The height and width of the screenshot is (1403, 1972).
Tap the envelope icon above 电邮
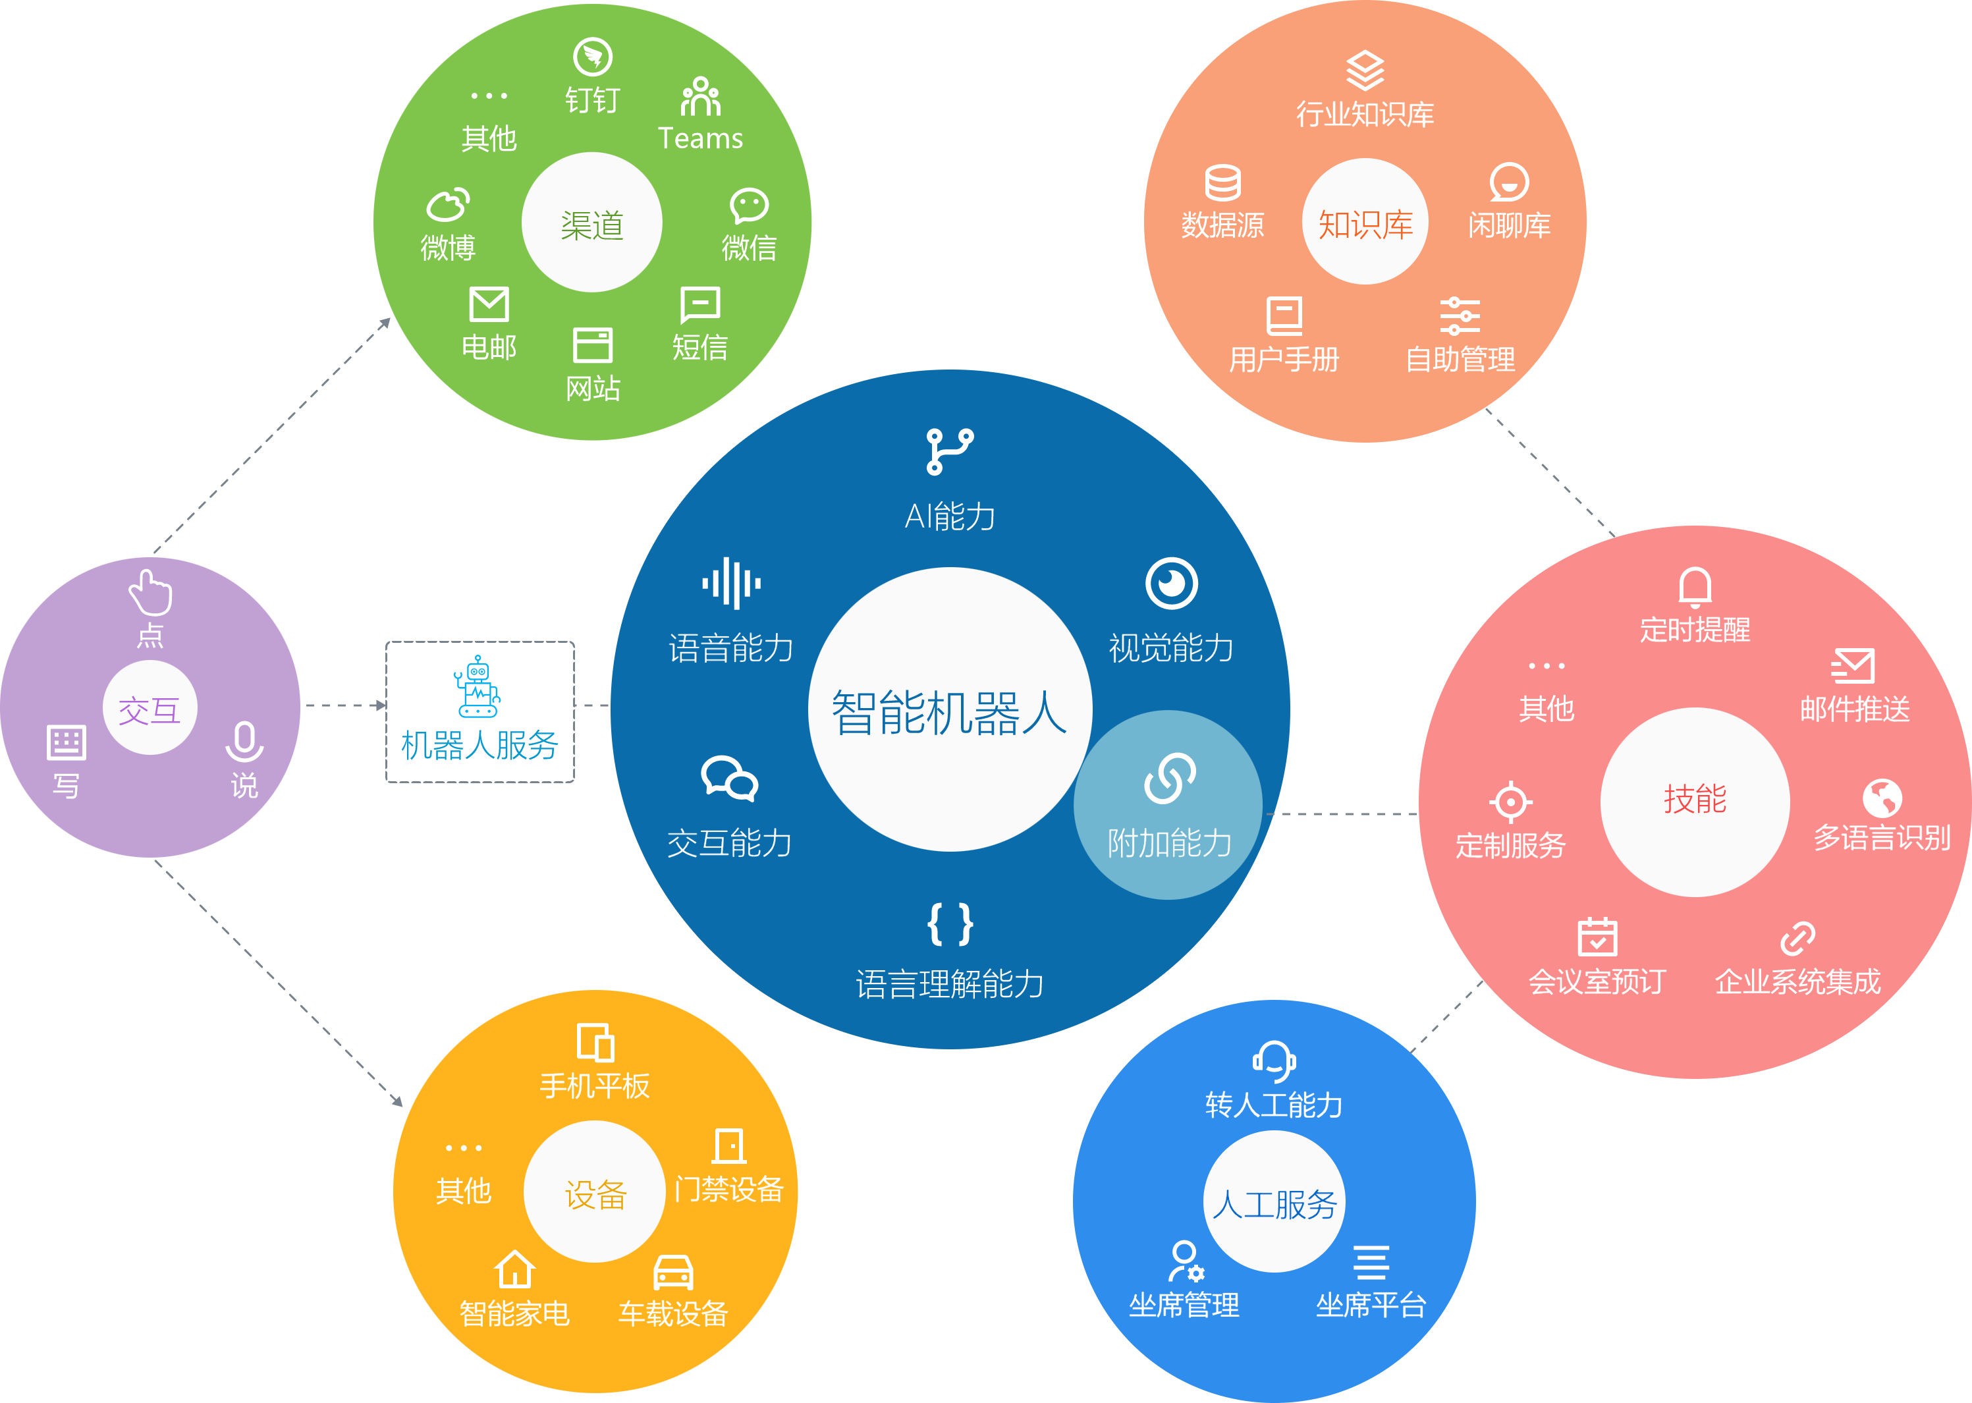pos(489,305)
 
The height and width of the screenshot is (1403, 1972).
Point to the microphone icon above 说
pos(244,741)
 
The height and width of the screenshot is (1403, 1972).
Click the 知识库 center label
pos(1365,224)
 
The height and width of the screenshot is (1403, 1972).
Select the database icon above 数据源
pos(1222,182)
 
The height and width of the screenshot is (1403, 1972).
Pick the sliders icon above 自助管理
pos(1460,316)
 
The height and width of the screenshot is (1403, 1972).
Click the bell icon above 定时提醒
pos(1695,588)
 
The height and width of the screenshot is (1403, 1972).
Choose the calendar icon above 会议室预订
pos(1597,937)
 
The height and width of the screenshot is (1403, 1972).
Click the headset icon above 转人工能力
pos(1274,1061)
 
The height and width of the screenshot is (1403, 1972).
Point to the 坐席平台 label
pos(1371,1304)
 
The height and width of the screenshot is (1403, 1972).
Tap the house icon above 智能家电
pos(515,1270)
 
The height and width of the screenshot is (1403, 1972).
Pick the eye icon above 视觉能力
pos(1171,584)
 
